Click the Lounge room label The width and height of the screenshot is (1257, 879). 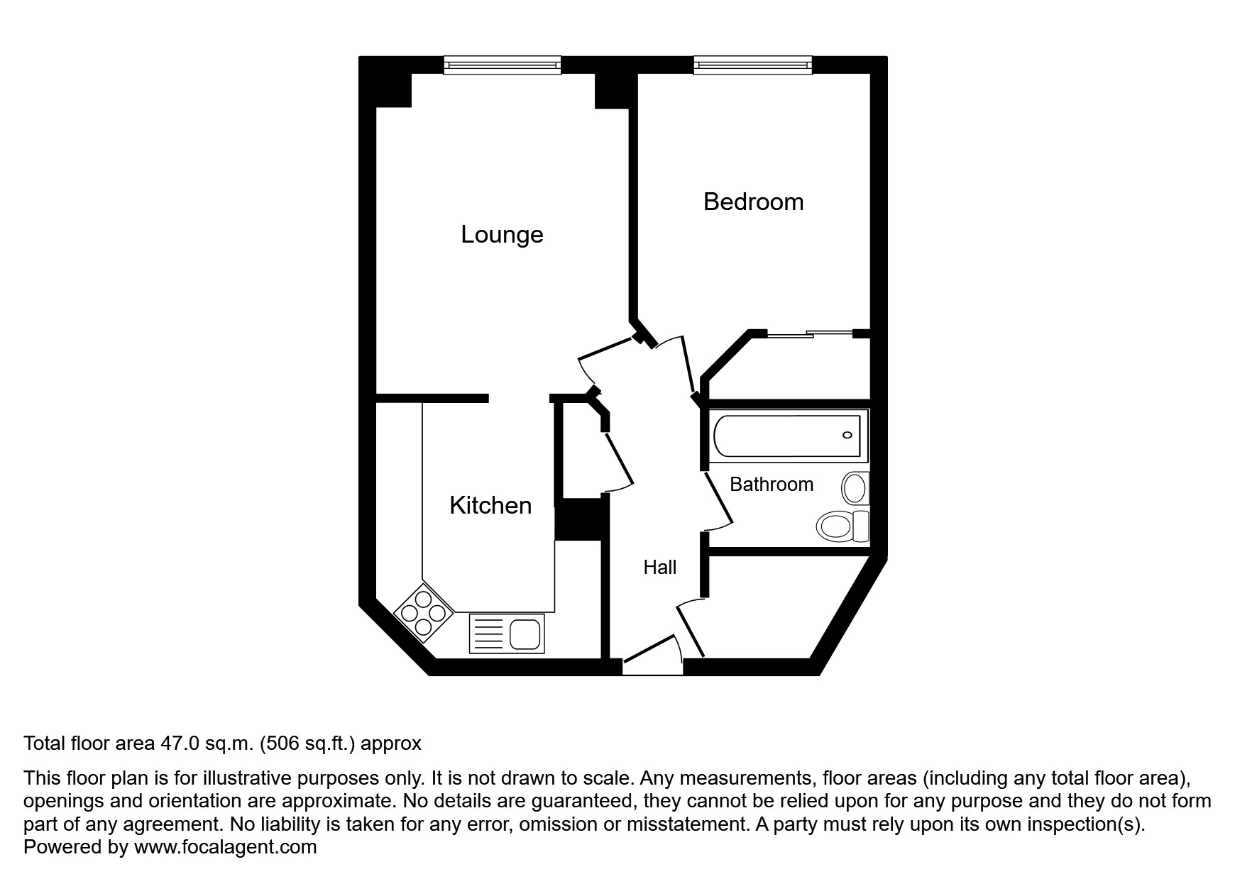click(502, 234)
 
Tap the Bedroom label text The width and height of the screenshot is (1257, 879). click(753, 201)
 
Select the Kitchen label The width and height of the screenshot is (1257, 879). click(490, 505)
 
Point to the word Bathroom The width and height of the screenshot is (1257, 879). click(771, 485)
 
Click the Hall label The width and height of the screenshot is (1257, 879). click(659, 567)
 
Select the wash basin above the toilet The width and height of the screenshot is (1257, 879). click(855, 488)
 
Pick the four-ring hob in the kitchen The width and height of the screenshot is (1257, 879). click(423, 612)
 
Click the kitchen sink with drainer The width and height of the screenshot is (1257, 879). click(507, 634)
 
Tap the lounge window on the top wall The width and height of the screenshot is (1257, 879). click(502, 65)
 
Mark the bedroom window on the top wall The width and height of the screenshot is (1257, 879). click(752, 65)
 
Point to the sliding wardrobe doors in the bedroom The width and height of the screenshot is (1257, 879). click(809, 333)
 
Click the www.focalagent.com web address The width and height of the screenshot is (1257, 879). click(225, 847)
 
